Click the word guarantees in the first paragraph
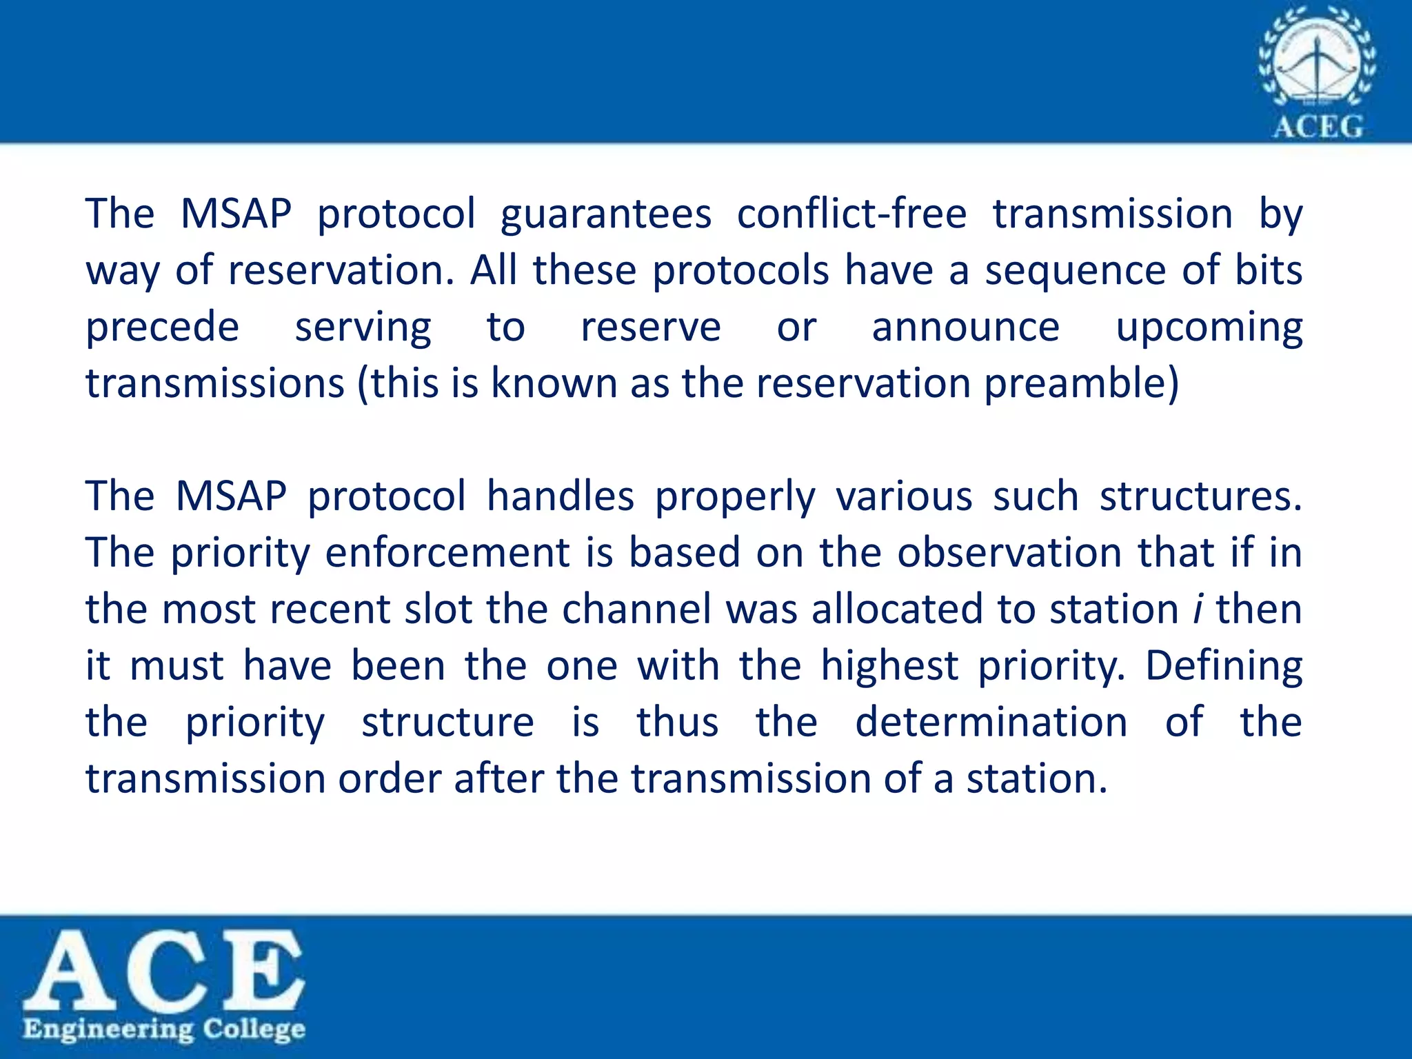coord(605,214)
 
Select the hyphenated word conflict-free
coord(851,214)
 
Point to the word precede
coord(163,327)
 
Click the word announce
coord(965,327)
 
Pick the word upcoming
coord(1209,328)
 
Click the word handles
coord(560,496)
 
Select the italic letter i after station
coord(1198,609)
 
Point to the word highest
coord(889,667)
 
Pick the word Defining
coord(1223,667)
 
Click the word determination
coord(991,723)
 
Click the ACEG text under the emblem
coord(1318,127)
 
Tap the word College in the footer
coord(254,1030)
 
